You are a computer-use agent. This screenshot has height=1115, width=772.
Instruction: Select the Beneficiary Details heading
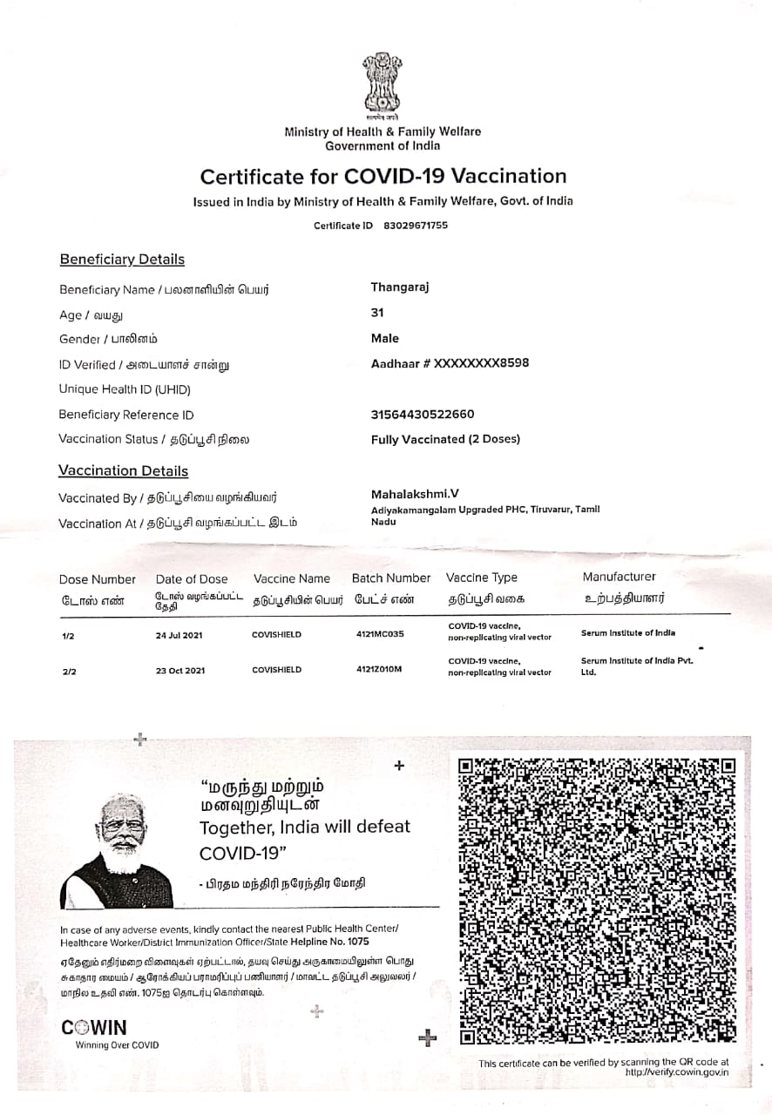[122, 260]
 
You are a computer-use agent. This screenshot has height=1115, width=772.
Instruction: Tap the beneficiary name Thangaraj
[400, 287]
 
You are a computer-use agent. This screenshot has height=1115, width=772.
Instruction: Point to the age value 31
[377, 313]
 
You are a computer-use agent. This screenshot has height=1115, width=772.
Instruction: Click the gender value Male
[385, 338]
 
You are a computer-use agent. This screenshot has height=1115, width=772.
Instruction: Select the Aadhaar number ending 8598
[450, 363]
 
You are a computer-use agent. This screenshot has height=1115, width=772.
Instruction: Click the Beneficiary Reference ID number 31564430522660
[423, 415]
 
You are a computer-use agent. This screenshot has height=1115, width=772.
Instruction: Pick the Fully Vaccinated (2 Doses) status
[445, 439]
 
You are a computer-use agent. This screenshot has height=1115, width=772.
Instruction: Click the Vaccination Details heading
[123, 471]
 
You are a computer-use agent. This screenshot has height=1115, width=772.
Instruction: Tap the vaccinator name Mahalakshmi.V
[415, 494]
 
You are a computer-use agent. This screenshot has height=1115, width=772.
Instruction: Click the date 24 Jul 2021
[179, 635]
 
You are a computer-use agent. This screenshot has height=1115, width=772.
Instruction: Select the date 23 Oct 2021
[180, 671]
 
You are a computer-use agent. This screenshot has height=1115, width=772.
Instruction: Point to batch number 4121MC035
[380, 634]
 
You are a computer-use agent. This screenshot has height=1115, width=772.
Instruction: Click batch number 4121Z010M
[379, 669]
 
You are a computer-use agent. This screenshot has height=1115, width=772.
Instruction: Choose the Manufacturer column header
[620, 577]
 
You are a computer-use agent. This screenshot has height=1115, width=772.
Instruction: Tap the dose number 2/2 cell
[68, 672]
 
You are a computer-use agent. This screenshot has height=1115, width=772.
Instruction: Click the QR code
[597, 901]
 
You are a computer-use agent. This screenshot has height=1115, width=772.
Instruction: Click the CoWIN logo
[94, 1028]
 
